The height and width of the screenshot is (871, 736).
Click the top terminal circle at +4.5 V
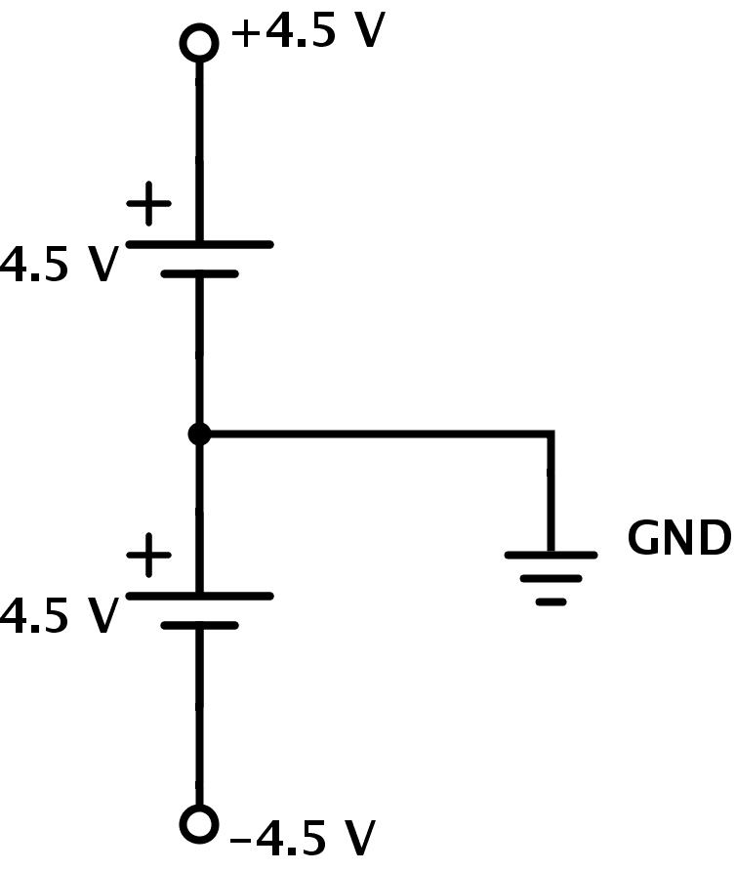tap(199, 43)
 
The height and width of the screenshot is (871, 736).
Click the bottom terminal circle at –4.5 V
tap(199, 824)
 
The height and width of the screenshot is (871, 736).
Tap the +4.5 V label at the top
tap(307, 32)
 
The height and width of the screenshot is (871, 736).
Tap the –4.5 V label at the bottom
tap(303, 838)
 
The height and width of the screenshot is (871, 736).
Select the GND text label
tap(678, 538)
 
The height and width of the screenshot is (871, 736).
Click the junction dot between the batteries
tap(199, 434)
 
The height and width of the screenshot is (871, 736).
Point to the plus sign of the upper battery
tap(148, 204)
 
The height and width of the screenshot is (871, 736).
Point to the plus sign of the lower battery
tap(148, 556)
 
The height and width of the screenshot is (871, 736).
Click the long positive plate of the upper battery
tap(199, 244)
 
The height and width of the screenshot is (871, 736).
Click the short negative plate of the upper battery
tap(199, 274)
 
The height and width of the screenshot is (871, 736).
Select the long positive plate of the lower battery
tap(199, 596)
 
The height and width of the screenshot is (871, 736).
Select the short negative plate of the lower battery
tap(199, 626)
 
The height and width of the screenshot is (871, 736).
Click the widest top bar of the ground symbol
tap(551, 555)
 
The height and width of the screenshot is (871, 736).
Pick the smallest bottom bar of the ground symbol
tap(551, 601)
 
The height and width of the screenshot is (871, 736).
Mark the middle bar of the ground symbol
tap(551, 578)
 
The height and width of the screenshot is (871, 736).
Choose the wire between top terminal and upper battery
tap(199, 146)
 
